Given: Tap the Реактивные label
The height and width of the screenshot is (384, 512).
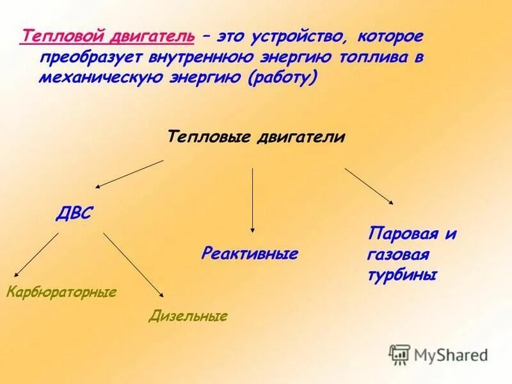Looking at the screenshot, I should [250, 253].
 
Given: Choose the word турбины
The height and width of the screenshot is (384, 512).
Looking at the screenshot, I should [402, 275].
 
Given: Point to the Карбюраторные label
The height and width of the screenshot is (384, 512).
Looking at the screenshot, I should [61, 292].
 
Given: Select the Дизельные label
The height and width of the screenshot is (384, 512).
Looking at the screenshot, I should [188, 316].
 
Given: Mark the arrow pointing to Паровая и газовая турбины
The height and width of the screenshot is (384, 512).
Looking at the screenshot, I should [369, 186].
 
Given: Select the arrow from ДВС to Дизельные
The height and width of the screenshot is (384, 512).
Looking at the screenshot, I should [134, 265].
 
